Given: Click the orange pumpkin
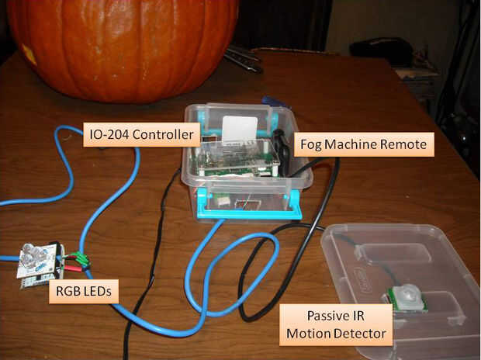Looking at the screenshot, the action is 124,47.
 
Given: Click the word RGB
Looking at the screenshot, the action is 69,292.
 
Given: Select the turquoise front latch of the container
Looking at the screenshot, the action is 248,203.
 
